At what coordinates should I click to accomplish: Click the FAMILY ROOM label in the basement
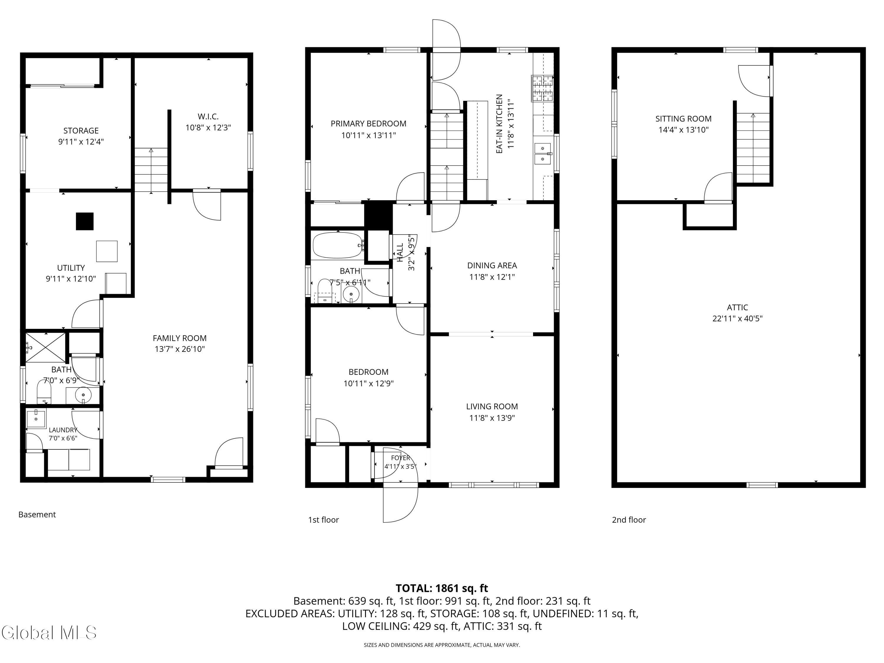coord(179,338)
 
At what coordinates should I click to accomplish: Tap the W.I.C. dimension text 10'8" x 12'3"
coord(208,128)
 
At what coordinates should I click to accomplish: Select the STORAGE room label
coord(81,131)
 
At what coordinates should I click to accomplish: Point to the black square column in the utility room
coord(85,221)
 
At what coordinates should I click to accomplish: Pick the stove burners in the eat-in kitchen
coord(542,88)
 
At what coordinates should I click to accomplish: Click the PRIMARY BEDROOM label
coord(368,124)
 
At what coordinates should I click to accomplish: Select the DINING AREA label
coord(492,265)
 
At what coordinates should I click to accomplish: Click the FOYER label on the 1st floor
coord(400,458)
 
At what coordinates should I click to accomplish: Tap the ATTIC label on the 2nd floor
coord(737,307)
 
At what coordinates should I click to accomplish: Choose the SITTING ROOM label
coord(683,119)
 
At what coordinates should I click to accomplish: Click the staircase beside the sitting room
coord(753,148)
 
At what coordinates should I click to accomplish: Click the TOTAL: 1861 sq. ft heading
coord(442,588)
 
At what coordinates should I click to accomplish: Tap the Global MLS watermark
coord(49,633)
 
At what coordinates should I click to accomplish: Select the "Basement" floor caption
coord(37,514)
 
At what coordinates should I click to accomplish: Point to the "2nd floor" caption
coord(629,519)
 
